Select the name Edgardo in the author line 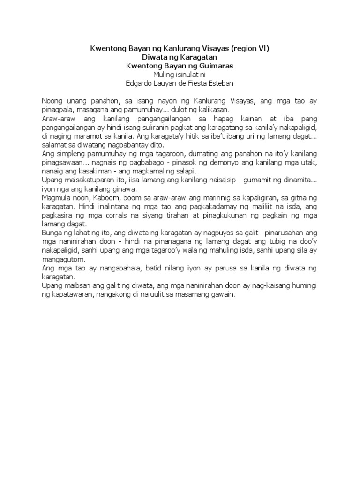pyautogui.click(x=141, y=83)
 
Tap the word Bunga pyautogui.click(x=52, y=232)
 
